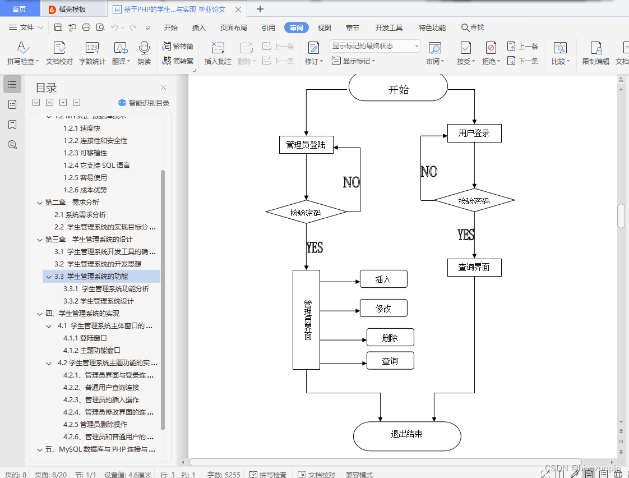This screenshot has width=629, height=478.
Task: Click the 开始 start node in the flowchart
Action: [398, 89]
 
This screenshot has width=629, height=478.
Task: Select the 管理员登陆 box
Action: [306, 145]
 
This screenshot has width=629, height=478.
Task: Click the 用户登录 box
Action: [474, 133]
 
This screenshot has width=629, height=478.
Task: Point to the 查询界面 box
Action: [474, 267]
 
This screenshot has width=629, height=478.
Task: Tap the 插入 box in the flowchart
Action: [383, 279]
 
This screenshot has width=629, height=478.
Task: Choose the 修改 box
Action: [383, 309]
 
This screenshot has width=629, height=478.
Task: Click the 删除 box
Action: [390, 338]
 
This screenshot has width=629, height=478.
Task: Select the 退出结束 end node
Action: [406, 434]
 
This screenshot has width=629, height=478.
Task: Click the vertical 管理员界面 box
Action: [306, 320]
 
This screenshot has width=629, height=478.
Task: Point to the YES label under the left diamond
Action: [314, 247]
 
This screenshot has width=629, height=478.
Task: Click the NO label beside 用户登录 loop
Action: [429, 172]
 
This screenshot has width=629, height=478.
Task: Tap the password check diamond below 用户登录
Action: [474, 201]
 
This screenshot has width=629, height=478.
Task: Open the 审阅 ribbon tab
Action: [297, 27]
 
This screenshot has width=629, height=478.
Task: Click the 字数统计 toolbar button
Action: [92, 53]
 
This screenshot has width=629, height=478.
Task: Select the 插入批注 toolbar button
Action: [218, 53]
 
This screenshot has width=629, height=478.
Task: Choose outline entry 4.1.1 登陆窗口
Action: [85, 338]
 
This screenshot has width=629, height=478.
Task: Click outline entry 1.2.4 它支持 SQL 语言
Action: [96, 166]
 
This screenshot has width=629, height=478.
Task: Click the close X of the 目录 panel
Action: [164, 88]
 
